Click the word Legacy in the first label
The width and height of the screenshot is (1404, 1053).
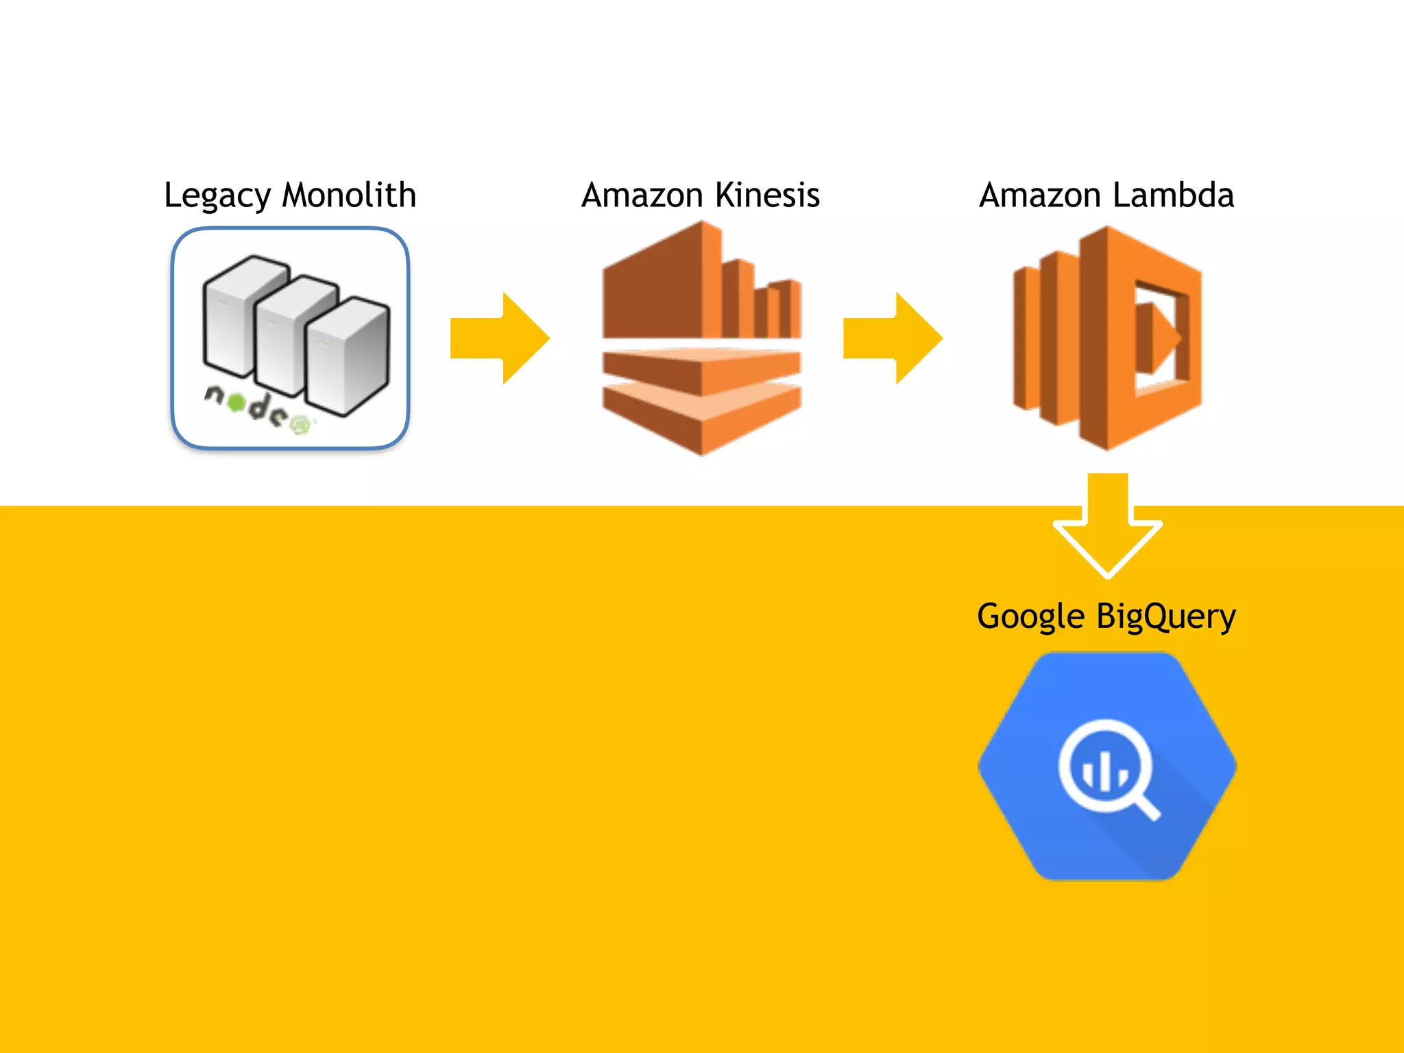[217, 195]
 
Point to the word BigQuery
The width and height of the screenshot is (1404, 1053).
[1165, 616]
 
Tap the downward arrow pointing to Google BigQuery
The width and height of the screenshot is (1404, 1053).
[1107, 528]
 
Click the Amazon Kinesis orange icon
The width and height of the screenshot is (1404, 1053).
[701, 338]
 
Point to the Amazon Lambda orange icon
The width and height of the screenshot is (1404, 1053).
[1107, 338]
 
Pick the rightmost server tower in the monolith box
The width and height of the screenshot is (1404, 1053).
[348, 356]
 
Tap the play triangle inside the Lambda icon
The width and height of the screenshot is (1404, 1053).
[1159, 338]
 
